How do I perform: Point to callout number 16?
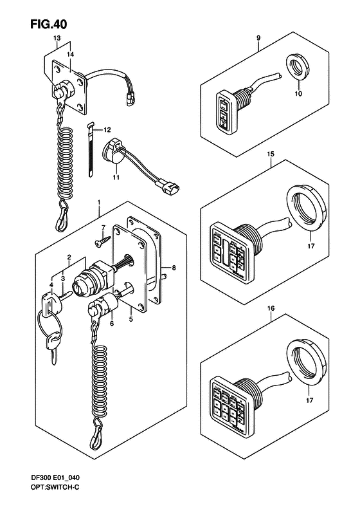pos(271,308)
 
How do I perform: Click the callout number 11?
pos(116,176)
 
